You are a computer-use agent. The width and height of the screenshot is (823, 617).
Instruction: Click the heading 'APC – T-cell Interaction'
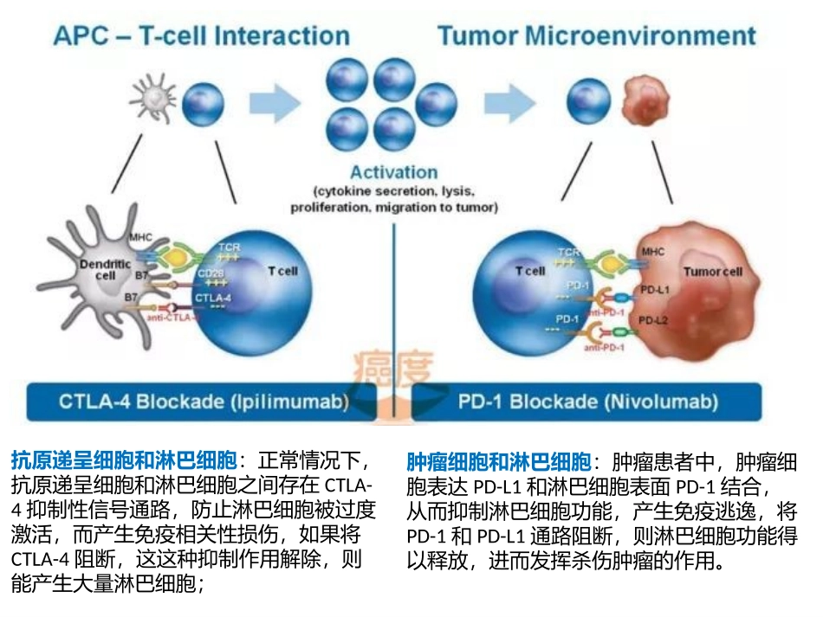[201, 36]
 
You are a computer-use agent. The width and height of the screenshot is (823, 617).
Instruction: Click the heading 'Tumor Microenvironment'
[597, 36]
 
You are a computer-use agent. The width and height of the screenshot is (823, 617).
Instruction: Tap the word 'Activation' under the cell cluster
[393, 171]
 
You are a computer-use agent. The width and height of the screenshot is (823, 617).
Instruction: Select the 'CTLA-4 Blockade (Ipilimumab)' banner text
[204, 402]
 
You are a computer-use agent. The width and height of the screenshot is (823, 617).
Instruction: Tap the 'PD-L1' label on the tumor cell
[653, 290]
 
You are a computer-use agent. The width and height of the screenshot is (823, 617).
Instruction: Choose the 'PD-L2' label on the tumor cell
[653, 321]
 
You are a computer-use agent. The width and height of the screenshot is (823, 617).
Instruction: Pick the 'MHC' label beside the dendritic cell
[139, 236]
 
